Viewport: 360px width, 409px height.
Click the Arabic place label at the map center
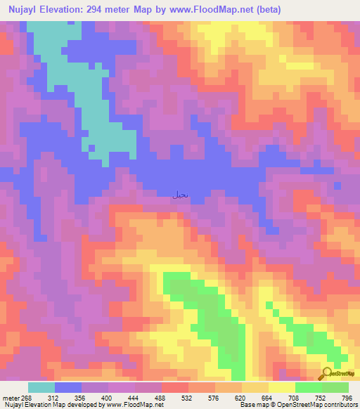(x=179, y=195)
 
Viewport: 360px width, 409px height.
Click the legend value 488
(x=166, y=398)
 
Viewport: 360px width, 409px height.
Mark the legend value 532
(x=193, y=398)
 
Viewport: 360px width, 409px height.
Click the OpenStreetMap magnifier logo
(x=327, y=373)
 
